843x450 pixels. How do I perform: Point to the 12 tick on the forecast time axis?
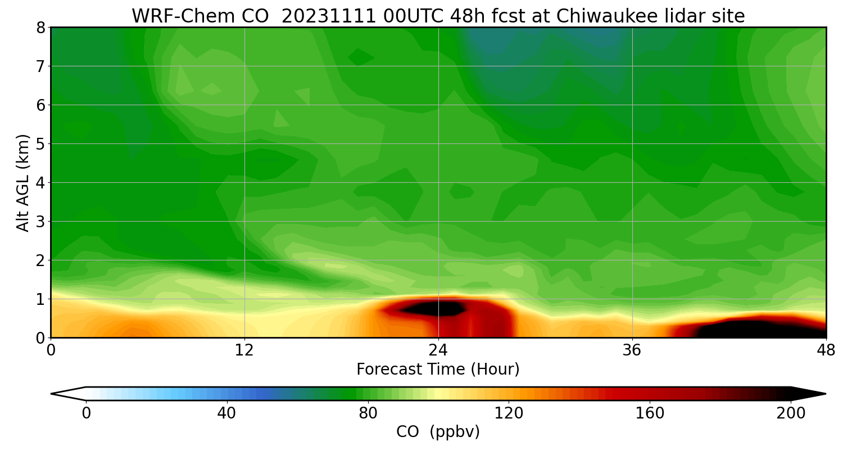coord(244,350)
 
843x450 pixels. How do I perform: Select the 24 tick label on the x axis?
coord(438,350)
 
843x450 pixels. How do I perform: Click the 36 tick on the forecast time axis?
coord(632,350)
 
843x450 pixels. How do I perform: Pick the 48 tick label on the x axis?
coord(826,350)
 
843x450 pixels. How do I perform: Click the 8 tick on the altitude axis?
coord(40,27)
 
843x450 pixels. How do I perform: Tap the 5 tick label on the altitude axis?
coord(40,143)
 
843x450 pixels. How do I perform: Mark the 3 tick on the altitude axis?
coord(40,221)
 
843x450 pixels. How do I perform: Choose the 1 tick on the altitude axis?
coord(40,299)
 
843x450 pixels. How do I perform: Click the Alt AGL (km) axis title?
coord(22,182)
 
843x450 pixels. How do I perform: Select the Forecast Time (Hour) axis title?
coord(438,370)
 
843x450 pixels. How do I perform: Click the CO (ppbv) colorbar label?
coord(438,432)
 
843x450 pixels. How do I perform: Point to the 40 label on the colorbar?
coord(226,413)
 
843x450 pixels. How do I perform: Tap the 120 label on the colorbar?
coord(509,413)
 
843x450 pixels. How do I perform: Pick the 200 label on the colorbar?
coord(791,413)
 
